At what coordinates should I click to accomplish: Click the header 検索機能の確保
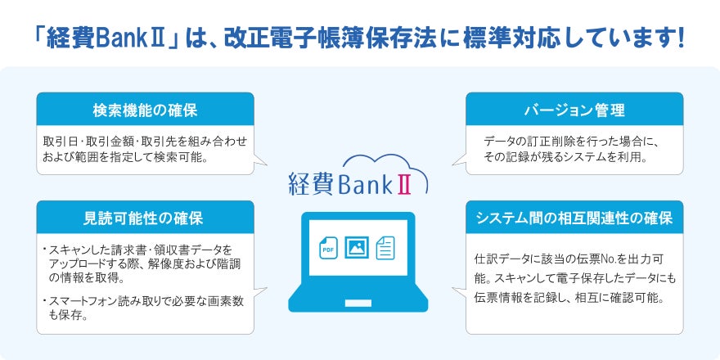point(145,109)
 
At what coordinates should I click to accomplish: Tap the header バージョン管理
point(574,109)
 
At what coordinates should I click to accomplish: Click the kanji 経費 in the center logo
point(310,182)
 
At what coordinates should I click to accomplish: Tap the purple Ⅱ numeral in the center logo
point(404,182)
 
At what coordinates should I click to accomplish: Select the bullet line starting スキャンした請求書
point(141,249)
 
